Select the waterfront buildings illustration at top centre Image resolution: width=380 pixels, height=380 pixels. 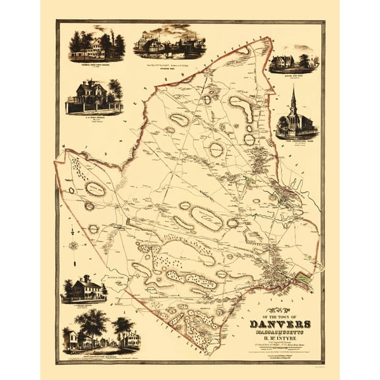169,44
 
